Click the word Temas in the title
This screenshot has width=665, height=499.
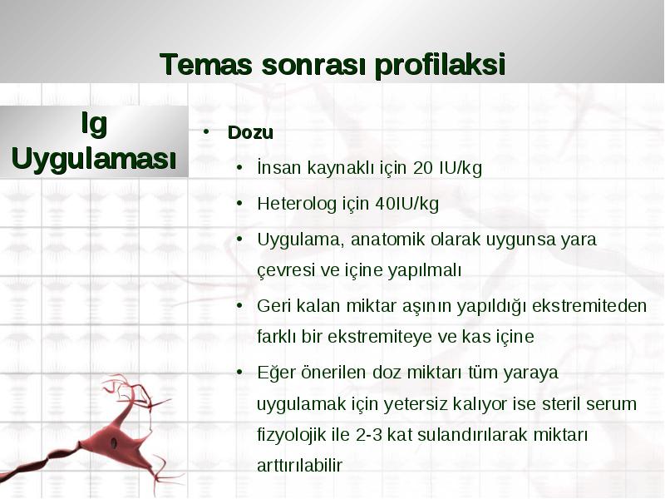[205, 64]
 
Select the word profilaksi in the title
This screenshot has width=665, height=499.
[440, 66]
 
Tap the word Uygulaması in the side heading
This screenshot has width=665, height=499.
[94, 159]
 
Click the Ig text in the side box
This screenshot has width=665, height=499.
[94, 124]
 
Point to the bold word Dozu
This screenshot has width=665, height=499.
[250, 132]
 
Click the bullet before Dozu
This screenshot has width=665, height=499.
[206, 131]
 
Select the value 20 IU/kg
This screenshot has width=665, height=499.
[447, 168]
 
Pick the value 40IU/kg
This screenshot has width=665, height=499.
[406, 204]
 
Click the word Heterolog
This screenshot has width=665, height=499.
[297, 204]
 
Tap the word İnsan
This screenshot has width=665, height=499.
[279, 167]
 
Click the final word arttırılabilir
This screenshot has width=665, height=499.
[299, 466]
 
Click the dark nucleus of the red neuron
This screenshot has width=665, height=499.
[114, 443]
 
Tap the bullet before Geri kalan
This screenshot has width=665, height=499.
[239, 306]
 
